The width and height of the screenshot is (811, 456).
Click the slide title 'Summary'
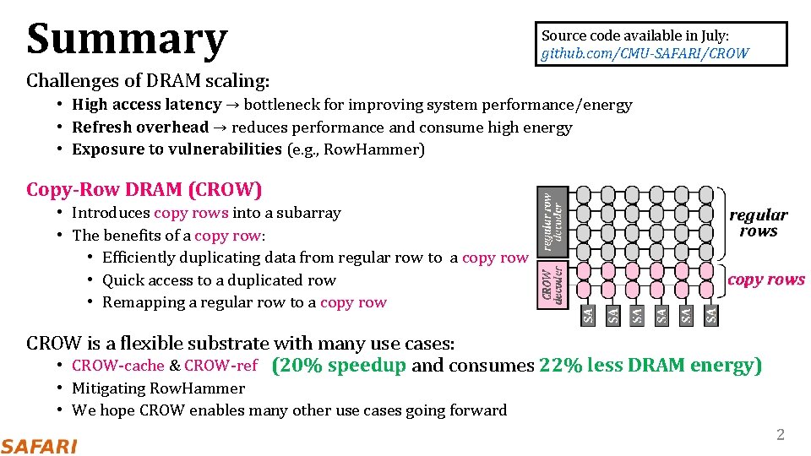click(127, 39)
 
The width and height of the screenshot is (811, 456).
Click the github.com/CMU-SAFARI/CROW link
click(645, 53)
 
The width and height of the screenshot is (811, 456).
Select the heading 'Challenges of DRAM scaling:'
click(148, 81)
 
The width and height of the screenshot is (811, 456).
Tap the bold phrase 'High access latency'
click(146, 105)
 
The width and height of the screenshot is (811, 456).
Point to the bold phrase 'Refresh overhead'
click(140, 128)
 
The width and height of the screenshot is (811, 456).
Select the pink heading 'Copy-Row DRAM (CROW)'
click(144, 189)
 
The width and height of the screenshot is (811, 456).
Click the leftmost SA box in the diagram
click(588, 315)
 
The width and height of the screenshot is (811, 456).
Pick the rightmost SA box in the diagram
click(711, 315)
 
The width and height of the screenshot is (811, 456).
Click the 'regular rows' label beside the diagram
click(758, 223)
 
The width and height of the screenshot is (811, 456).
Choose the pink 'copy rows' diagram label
click(766, 280)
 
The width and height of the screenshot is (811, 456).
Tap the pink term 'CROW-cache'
click(118, 366)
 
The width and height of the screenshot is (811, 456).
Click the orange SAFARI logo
click(39, 446)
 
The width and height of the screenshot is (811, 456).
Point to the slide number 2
click(781, 435)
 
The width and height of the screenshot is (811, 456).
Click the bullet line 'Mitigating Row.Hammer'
click(158, 388)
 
